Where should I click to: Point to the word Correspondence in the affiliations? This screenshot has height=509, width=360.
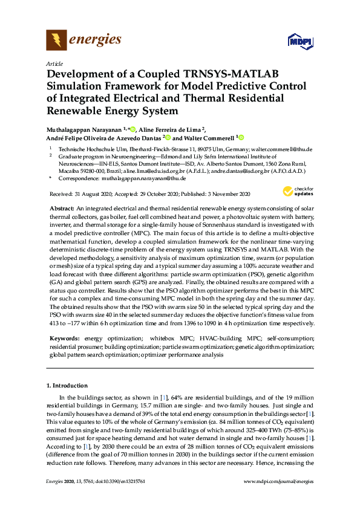tap(75, 179)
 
